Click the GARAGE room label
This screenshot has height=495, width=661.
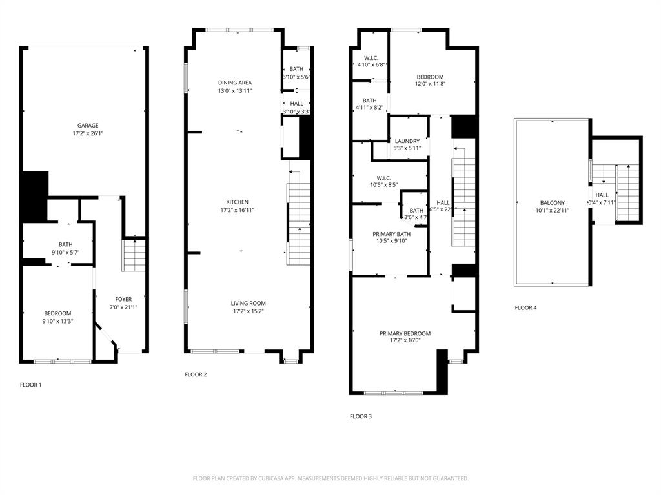pyautogui.click(x=88, y=126)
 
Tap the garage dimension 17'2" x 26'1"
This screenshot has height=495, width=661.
pyautogui.click(x=88, y=134)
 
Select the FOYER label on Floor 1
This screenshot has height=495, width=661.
pyautogui.click(x=123, y=299)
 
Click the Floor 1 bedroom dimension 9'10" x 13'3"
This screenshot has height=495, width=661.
pyautogui.click(x=57, y=321)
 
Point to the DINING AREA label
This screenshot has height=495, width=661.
pyautogui.click(x=234, y=82)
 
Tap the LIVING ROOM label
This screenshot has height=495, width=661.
pyautogui.click(x=249, y=303)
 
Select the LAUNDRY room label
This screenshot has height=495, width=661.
pyautogui.click(x=407, y=141)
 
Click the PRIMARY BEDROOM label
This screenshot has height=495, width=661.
pyautogui.click(x=405, y=333)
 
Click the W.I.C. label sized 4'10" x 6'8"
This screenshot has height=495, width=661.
pyautogui.click(x=371, y=57)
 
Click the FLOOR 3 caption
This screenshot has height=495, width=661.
pyautogui.click(x=360, y=416)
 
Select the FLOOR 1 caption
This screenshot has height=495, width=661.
pyautogui.click(x=30, y=385)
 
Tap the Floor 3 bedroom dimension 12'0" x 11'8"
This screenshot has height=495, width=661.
pyautogui.click(x=429, y=83)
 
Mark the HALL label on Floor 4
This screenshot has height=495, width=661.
pyautogui.click(x=602, y=195)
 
